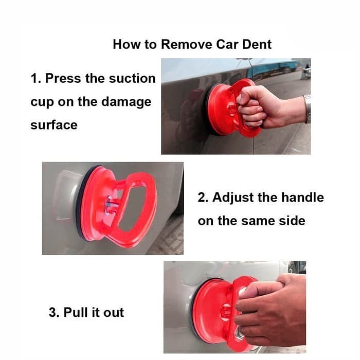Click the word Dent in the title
(257, 44)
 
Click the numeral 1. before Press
(36, 78)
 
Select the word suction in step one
(132, 78)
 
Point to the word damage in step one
(127, 102)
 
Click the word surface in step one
(54, 125)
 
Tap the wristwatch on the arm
(308, 109)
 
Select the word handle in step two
(302, 197)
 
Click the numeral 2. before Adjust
(203, 197)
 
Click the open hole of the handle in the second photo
(133, 208)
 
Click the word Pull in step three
(76, 312)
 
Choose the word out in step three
(114, 313)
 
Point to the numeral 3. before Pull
(54, 312)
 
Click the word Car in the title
(227, 44)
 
